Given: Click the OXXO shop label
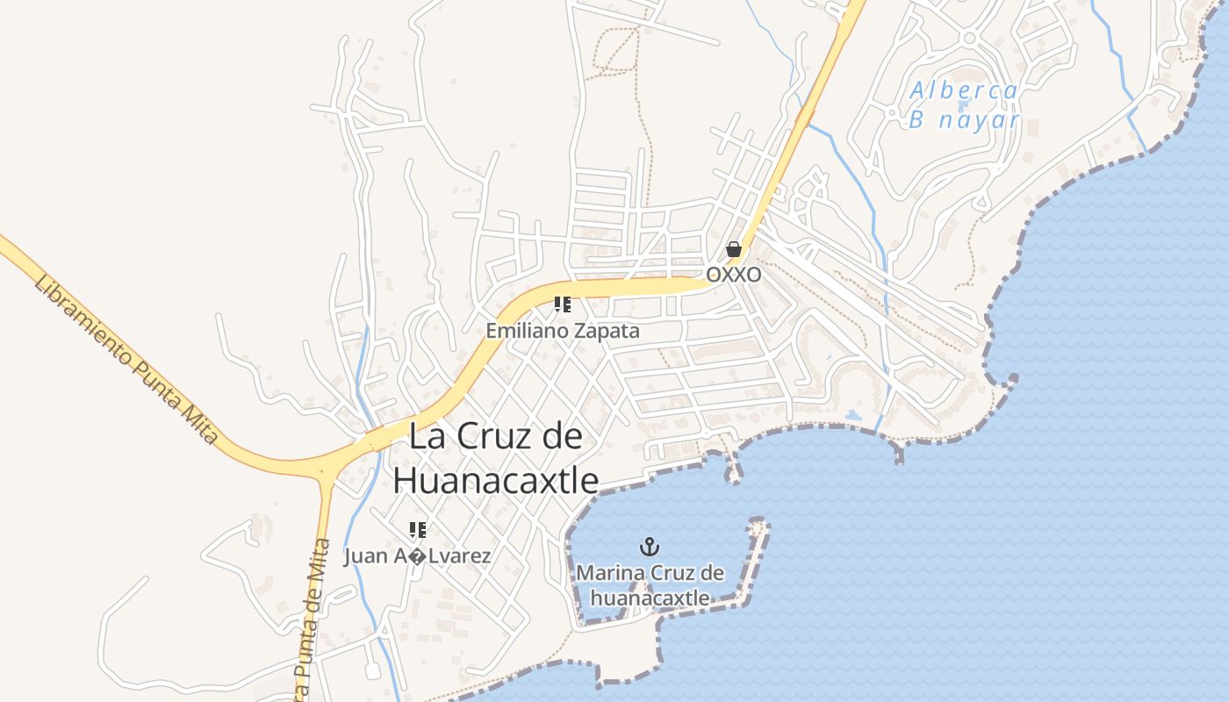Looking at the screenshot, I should [x=733, y=275].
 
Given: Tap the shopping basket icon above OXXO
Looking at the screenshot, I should [x=733, y=250].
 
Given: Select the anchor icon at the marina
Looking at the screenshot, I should [x=650, y=548].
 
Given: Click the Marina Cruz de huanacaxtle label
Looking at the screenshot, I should [x=650, y=585].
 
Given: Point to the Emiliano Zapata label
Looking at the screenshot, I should [x=563, y=332].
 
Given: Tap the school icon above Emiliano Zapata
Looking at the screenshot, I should [x=563, y=304].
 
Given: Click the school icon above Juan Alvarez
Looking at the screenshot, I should [x=417, y=529].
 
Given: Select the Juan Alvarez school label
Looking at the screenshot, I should [x=417, y=555].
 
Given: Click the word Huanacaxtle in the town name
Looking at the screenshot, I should [x=495, y=481].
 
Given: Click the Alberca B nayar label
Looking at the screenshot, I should [x=964, y=104].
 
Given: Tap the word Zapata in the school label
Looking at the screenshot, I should [x=609, y=332].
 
